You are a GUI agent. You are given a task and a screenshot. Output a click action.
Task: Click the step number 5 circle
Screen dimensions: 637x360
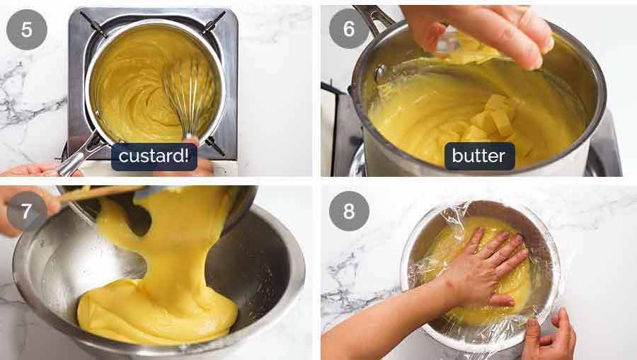click(27, 30)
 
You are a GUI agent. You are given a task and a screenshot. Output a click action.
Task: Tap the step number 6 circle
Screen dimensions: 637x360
click(349, 29)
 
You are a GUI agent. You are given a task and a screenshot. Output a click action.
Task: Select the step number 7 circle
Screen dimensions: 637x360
click(26, 211)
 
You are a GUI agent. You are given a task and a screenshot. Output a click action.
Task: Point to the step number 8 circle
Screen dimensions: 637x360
click(349, 211)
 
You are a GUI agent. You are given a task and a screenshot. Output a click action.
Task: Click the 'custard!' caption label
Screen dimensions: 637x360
click(154, 156)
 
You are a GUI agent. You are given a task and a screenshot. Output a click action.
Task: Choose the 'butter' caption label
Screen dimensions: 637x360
click(479, 156)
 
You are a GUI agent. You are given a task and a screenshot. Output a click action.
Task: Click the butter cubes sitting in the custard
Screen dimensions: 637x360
click(488, 120)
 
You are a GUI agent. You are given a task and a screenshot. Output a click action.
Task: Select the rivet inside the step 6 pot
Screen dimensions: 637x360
click(381, 73)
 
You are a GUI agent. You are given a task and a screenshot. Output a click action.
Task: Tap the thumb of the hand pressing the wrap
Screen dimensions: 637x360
click(502, 301)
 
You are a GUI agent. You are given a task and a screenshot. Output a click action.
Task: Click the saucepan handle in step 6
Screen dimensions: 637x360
click(372, 16)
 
